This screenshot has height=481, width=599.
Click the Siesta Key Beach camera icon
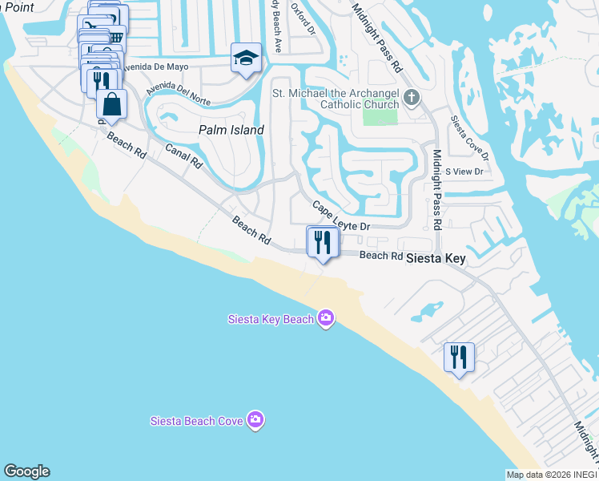point(325,319)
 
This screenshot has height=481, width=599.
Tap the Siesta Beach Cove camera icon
point(255,420)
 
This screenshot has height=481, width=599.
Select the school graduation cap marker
point(247,59)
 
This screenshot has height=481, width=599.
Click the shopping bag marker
point(111,104)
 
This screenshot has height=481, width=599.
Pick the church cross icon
point(412,98)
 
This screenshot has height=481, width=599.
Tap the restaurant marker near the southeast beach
point(459,357)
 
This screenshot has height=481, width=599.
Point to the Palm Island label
point(231,129)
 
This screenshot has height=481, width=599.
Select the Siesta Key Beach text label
point(269,320)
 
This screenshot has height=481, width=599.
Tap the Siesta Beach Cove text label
point(198,421)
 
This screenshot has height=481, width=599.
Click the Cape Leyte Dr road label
point(340,217)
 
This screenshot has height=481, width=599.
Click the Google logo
point(26,471)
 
